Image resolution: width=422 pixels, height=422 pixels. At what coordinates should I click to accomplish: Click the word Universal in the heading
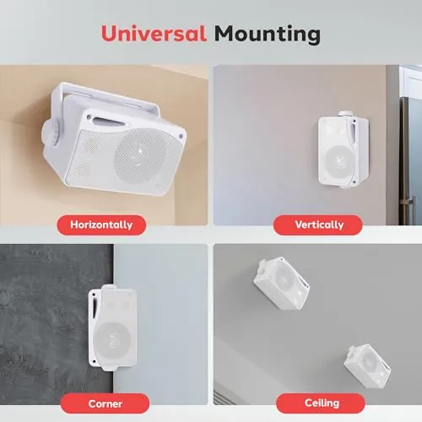pos(154,34)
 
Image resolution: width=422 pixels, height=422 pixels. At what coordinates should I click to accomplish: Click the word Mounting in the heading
pos(268,35)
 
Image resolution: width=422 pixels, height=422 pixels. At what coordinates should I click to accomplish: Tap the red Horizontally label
pos(101,225)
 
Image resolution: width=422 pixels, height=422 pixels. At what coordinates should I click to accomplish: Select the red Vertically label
pos(318,225)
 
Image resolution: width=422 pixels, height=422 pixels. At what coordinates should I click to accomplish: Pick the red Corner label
pos(105,403)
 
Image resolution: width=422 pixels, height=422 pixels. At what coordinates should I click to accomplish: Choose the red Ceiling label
pos(321,403)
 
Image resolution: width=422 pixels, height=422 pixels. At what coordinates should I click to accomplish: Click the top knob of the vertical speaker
pos(344,114)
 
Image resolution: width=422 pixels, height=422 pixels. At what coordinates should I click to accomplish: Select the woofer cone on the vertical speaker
pos(339,160)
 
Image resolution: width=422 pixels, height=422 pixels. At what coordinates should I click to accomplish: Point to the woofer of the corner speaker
pos(113,341)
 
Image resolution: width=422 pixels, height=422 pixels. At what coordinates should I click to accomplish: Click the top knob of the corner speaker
pos(108,288)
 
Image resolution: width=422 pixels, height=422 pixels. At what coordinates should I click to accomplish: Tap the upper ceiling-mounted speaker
pos(281,283)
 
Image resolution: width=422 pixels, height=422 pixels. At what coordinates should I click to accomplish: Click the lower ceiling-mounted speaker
pos(367,365)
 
